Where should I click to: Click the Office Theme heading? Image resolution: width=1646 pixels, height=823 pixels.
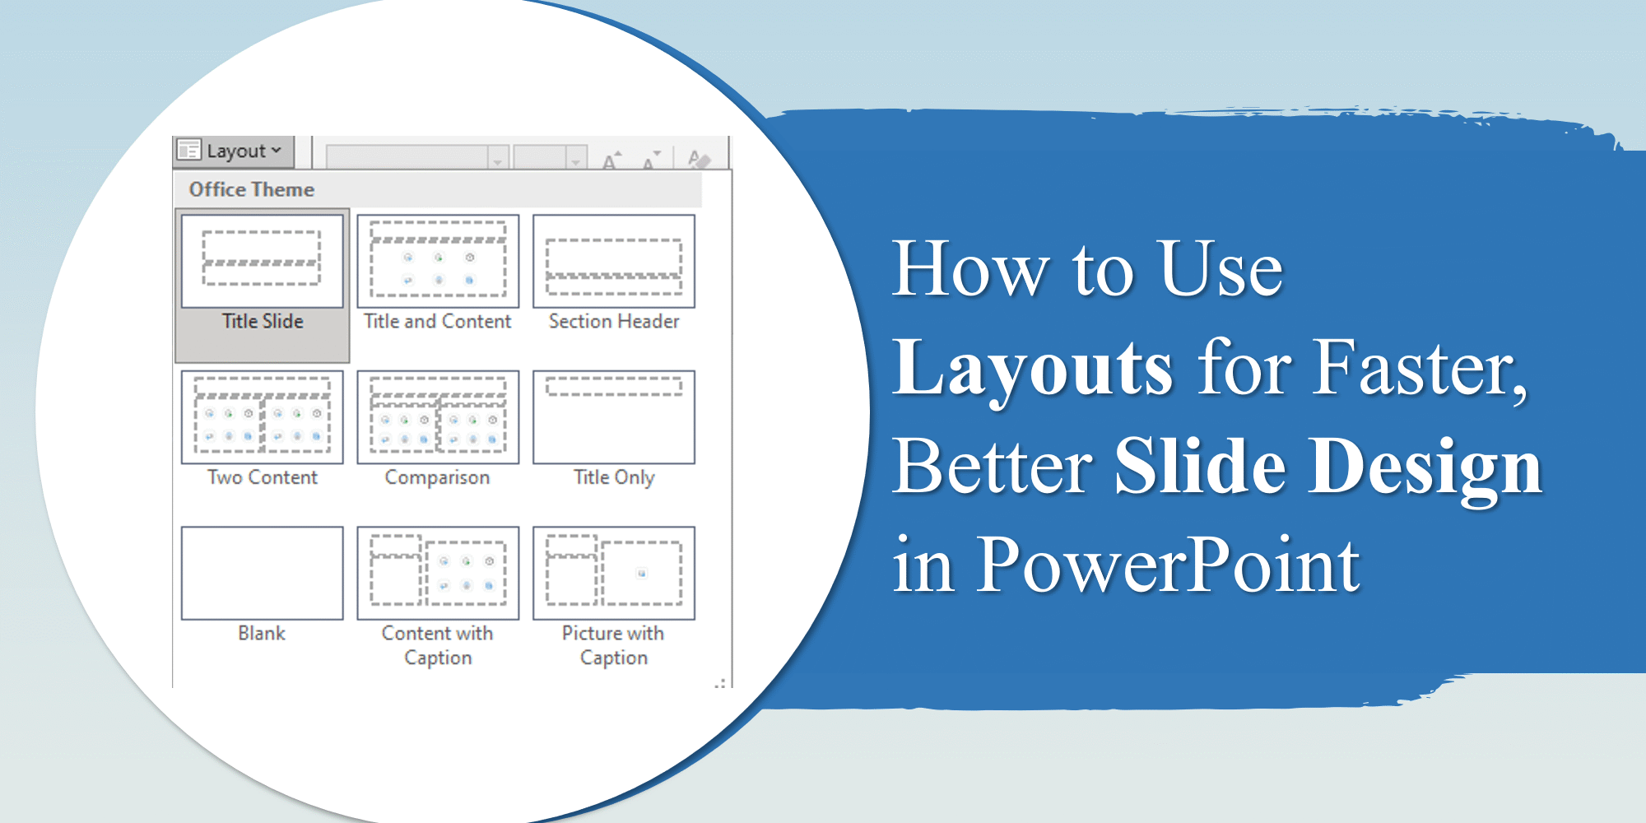(x=251, y=189)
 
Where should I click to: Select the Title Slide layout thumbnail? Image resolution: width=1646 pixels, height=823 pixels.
(x=262, y=261)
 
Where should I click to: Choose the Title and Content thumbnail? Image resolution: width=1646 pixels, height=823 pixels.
(x=438, y=261)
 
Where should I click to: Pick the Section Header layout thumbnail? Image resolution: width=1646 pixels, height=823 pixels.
(x=614, y=261)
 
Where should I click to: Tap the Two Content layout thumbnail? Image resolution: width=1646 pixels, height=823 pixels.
(x=262, y=416)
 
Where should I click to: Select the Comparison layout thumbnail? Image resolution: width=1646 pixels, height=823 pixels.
(x=438, y=416)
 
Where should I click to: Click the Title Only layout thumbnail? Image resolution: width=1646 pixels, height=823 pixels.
(x=614, y=416)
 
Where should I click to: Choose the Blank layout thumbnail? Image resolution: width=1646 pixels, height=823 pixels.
(x=262, y=573)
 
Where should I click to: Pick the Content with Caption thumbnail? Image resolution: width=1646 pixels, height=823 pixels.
(x=438, y=573)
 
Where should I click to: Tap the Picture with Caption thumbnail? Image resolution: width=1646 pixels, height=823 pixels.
(x=614, y=573)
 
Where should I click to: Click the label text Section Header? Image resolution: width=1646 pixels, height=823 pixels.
(x=614, y=321)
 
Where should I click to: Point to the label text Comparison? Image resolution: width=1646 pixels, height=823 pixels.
(x=437, y=477)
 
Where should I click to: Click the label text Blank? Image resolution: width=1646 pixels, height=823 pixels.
(x=262, y=633)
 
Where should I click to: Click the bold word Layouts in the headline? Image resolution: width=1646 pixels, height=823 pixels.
(x=1033, y=369)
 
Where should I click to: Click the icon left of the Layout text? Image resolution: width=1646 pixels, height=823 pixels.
(x=189, y=150)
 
